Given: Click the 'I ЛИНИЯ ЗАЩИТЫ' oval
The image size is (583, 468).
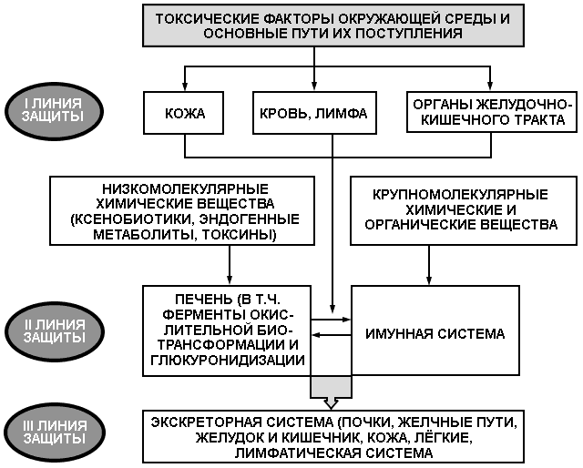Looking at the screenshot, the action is [54, 111].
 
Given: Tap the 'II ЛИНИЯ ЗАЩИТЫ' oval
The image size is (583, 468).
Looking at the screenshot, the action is [54, 331].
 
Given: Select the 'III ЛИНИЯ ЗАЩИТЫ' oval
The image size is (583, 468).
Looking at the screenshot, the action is [55, 432].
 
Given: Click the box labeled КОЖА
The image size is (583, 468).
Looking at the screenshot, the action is [184, 113].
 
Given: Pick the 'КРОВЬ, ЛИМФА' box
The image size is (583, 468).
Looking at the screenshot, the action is [314, 113].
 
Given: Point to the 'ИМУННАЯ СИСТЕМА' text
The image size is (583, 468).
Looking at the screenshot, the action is [435, 333].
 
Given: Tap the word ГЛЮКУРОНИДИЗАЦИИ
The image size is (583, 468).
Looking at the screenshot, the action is [228, 361].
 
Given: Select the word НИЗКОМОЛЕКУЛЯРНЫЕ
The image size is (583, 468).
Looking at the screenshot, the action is [185, 189].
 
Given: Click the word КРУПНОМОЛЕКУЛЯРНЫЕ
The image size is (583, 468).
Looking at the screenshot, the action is [460, 195].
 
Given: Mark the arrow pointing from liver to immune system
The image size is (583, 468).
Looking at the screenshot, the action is [331, 320].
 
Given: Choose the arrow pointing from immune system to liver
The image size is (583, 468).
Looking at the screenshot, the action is [331, 335].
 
